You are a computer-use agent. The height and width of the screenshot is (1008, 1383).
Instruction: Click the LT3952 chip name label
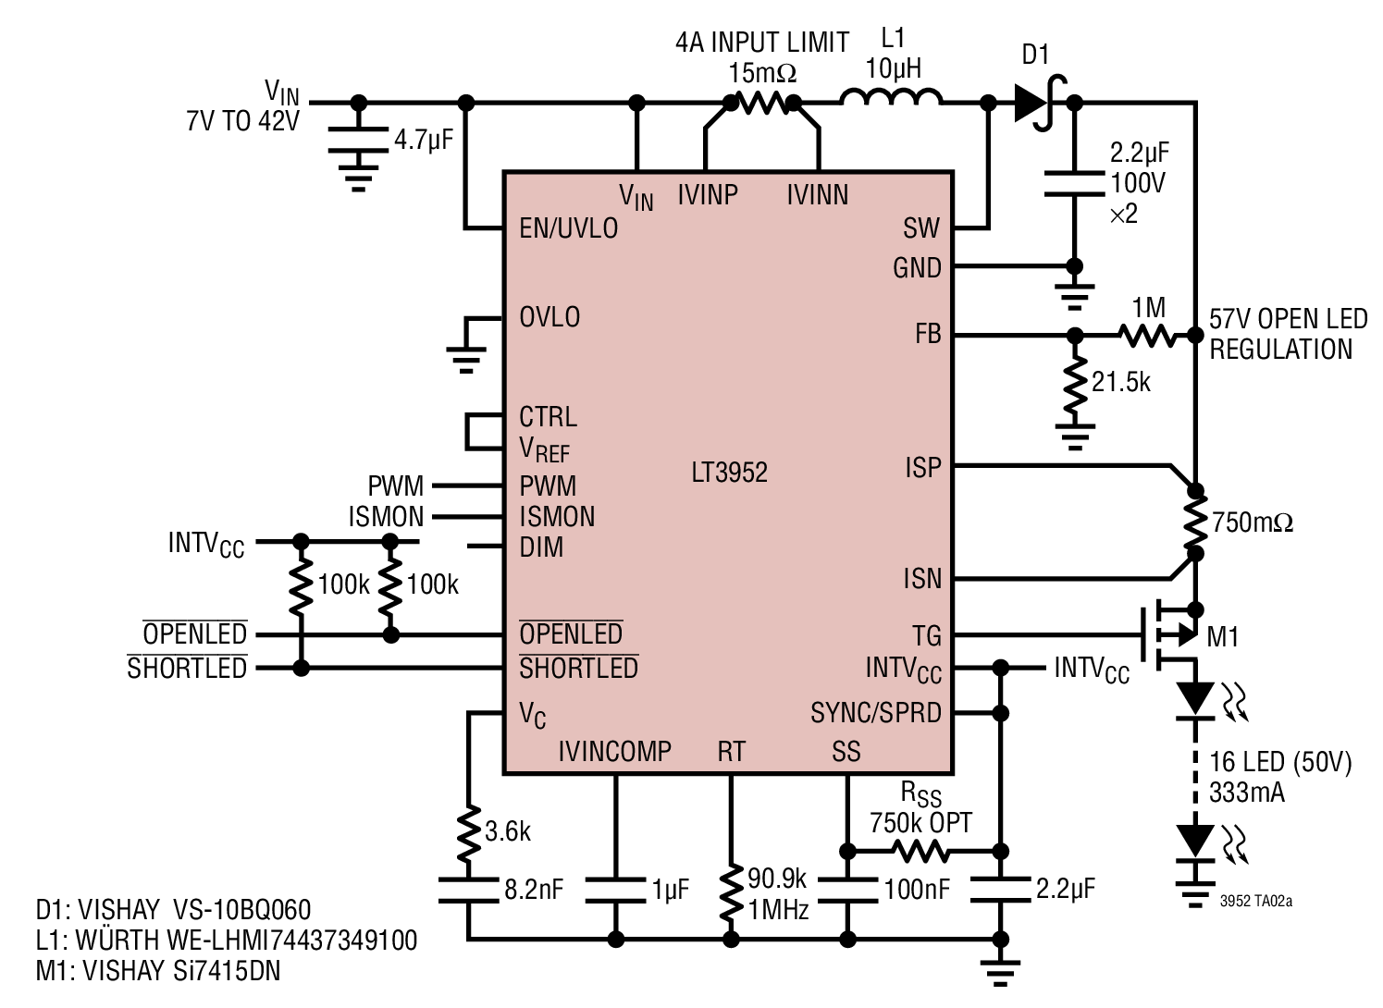(x=729, y=473)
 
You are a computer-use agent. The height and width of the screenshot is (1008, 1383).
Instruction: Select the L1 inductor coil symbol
(x=891, y=97)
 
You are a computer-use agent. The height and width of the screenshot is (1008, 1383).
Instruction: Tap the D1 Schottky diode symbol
(x=1041, y=103)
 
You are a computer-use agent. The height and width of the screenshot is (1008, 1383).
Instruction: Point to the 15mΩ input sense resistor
(x=762, y=103)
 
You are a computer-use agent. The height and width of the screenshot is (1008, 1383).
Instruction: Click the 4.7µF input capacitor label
(x=424, y=140)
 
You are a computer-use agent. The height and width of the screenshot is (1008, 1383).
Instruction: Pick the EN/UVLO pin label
(x=569, y=228)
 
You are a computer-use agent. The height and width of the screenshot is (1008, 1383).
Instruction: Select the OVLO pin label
(x=549, y=317)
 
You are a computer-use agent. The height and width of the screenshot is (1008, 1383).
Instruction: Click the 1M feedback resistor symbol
(x=1148, y=336)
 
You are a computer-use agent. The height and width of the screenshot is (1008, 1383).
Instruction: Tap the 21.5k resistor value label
(x=1121, y=382)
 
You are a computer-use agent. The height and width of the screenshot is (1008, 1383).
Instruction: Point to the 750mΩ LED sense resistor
(x=1196, y=522)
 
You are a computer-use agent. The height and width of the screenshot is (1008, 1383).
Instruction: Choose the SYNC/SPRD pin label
(x=875, y=713)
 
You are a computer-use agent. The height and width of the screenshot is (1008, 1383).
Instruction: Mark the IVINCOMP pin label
(x=614, y=751)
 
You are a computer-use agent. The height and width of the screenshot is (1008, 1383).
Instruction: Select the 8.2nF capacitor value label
(x=534, y=890)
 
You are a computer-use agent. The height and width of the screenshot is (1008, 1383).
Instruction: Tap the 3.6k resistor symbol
(x=469, y=832)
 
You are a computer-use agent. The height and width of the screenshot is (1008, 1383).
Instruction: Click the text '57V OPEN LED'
(x=1288, y=319)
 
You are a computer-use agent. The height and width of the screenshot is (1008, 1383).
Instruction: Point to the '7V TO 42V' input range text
(x=242, y=121)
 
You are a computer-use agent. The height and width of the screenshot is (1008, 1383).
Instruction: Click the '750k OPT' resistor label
(x=920, y=823)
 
